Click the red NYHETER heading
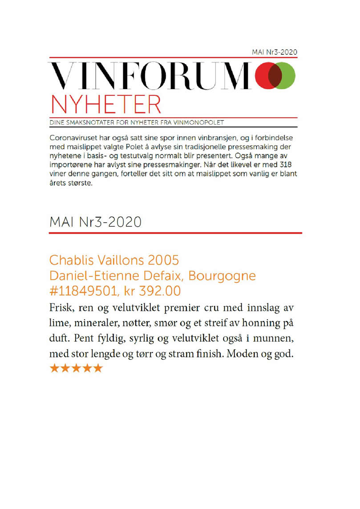[x=106, y=103]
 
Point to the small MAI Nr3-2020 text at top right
[x=275, y=53]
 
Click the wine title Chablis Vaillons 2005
[x=114, y=260]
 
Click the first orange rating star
[x=54, y=368]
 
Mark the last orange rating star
[x=97, y=368]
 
